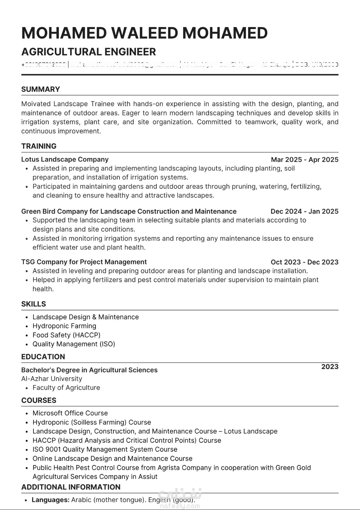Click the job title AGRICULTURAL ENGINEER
click(x=89, y=52)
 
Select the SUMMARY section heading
click(x=40, y=89)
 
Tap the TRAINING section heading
click(x=39, y=146)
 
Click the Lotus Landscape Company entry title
click(x=65, y=159)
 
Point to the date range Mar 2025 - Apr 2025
click(x=304, y=160)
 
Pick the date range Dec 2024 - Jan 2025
click(x=304, y=211)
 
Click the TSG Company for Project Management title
click(x=84, y=262)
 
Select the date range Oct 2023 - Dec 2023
click(x=304, y=262)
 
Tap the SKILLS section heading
click(x=33, y=304)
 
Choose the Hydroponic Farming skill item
click(x=64, y=326)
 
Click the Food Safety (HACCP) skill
click(x=66, y=335)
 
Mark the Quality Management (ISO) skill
click(x=74, y=344)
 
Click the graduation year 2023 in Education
click(x=330, y=367)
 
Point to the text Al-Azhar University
click(x=52, y=379)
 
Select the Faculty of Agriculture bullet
click(x=66, y=388)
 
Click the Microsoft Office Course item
click(x=70, y=413)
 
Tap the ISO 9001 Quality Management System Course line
click(x=105, y=449)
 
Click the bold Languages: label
click(x=50, y=500)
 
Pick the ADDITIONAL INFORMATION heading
click(x=71, y=487)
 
